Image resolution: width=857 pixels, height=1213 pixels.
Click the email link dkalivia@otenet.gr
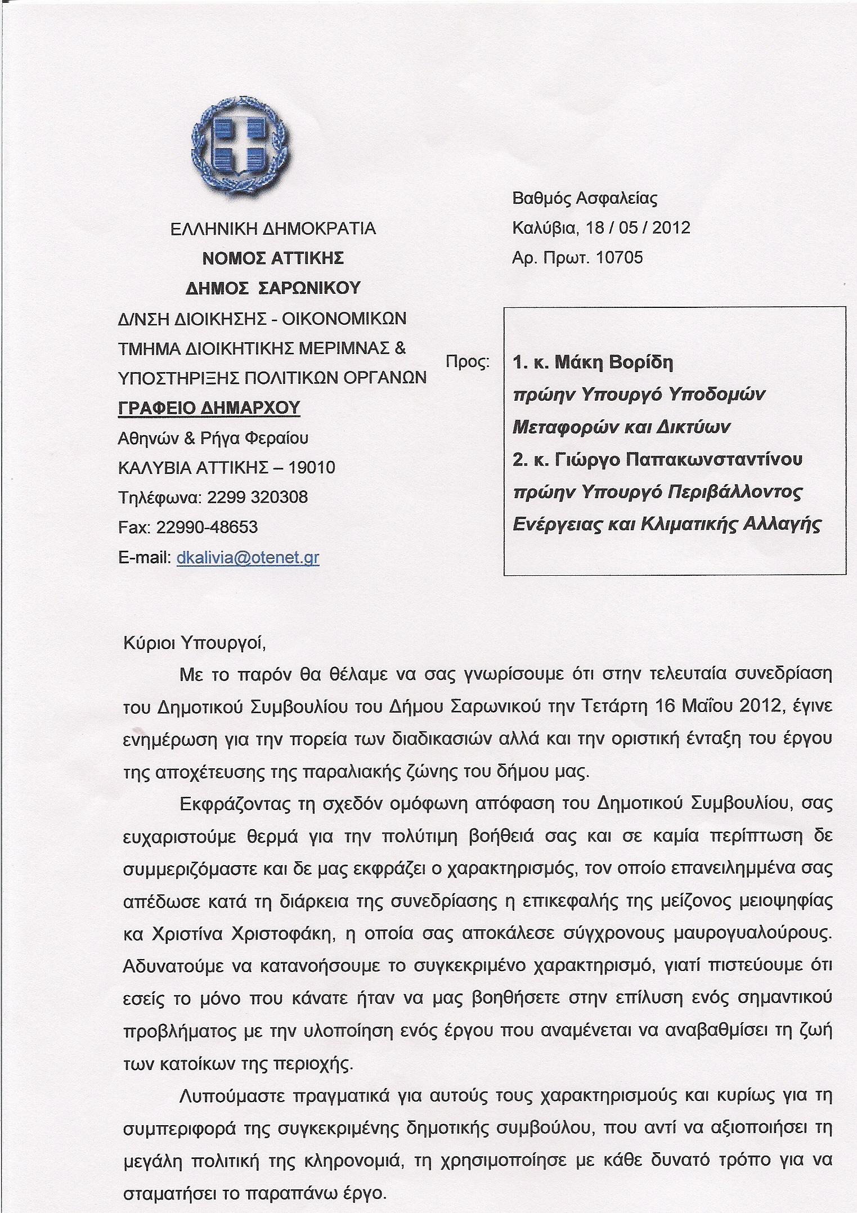248,558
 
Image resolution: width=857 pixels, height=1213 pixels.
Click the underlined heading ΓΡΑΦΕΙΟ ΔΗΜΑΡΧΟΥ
209,408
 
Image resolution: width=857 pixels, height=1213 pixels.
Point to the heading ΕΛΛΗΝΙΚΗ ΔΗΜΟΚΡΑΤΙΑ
273,229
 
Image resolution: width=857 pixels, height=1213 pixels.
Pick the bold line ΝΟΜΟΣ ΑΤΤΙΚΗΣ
273,258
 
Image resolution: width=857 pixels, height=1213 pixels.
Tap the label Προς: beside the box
467,361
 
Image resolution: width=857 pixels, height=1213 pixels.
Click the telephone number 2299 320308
257,498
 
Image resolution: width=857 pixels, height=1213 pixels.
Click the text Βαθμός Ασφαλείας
585,198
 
